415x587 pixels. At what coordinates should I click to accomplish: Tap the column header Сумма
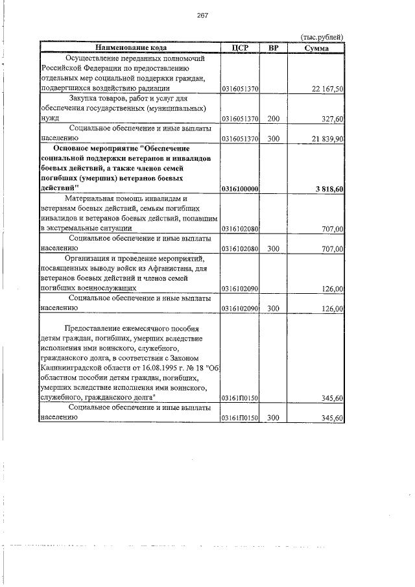[x=316, y=48]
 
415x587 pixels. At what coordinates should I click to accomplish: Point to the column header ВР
[x=273, y=48]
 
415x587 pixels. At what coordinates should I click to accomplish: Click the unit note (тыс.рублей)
[x=320, y=37]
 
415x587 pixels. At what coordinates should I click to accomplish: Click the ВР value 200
[x=273, y=119]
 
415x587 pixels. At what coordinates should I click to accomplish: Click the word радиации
[x=153, y=88]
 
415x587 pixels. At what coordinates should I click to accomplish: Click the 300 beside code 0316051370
[x=273, y=139]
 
